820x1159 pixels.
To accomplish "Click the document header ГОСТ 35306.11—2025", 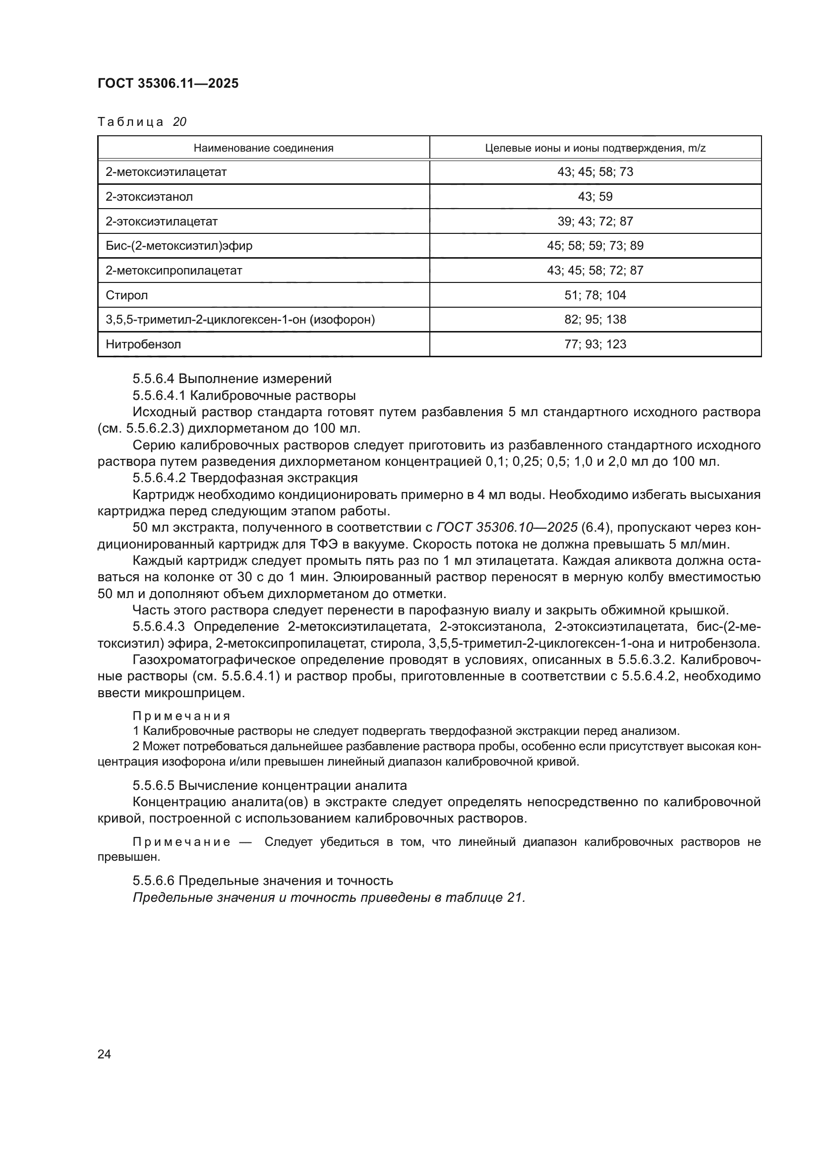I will pyautogui.click(x=168, y=84).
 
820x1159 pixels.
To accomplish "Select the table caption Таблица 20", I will pyautogui.click(x=142, y=122).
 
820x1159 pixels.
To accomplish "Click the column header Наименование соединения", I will pyautogui.click(x=264, y=149).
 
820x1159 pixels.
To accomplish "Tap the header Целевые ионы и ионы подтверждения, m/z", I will pyautogui.click(x=595, y=149).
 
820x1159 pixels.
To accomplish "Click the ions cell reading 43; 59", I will pyautogui.click(x=595, y=197).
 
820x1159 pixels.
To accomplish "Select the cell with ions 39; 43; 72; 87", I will pyautogui.click(x=595, y=221).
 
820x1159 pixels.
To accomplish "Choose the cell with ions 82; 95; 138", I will pyautogui.click(x=595, y=320).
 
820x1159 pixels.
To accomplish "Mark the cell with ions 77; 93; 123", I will pyautogui.click(x=595, y=344).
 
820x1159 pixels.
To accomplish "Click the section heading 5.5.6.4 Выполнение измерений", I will pyautogui.click(x=232, y=379).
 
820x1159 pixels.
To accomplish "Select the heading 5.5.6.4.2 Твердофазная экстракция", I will pyautogui.click(x=245, y=478).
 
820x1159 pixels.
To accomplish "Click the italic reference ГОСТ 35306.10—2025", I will pyautogui.click(x=507, y=528).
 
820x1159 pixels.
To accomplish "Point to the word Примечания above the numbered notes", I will pyautogui.click(x=181, y=716).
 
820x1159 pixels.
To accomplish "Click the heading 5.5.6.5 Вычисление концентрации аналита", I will pyautogui.click(x=270, y=785).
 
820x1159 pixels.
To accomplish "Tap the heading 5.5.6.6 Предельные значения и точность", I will pyautogui.click(x=263, y=881).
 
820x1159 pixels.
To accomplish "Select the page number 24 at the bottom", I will pyautogui.click(x=104, y=1054).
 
